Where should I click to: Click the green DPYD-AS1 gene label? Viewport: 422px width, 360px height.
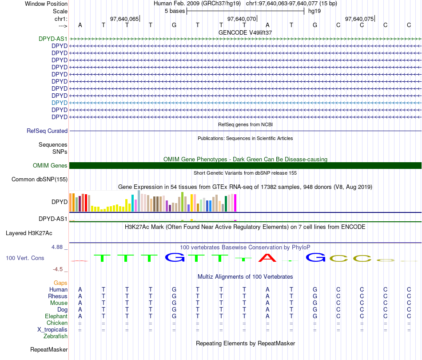53,39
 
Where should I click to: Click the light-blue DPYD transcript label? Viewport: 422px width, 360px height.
60,103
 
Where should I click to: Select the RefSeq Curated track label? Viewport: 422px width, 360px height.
47,131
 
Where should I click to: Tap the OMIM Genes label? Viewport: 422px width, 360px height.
50,166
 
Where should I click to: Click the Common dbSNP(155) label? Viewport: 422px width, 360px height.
40,179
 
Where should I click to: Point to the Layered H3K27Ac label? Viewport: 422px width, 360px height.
29,233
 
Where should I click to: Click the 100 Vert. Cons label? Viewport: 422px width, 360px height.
25,258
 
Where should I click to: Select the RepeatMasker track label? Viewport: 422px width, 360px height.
49,349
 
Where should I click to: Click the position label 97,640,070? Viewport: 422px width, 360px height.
242,19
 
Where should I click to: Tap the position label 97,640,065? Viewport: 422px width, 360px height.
124,19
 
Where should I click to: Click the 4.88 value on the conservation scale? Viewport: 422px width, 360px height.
57,247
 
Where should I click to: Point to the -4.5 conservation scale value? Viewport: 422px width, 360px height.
58,269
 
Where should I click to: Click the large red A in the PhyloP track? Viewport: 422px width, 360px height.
267,258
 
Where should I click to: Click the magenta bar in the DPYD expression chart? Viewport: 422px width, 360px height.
235,203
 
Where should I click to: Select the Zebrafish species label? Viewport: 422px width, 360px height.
56,336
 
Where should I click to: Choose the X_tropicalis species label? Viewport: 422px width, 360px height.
52,330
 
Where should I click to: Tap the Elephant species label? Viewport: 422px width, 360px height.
56,316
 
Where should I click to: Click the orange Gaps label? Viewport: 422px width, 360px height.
60,283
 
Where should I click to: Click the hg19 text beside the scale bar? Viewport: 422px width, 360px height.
315,11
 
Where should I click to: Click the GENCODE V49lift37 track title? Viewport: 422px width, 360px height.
245,32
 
